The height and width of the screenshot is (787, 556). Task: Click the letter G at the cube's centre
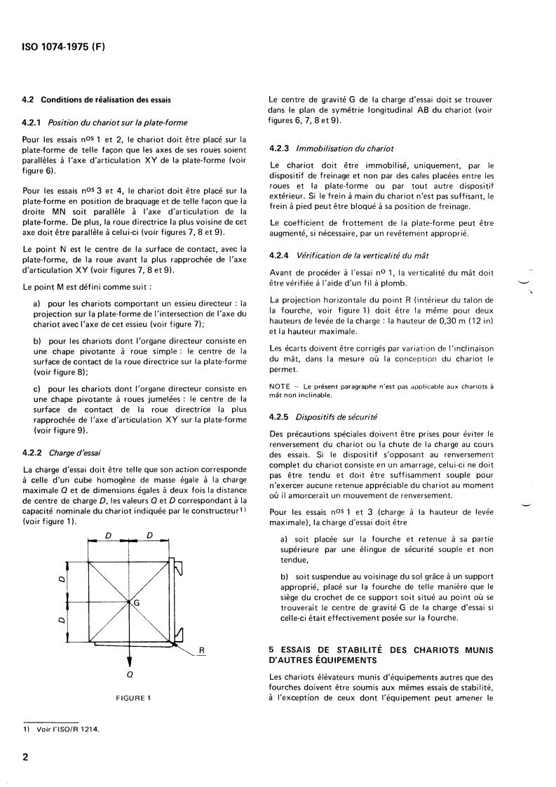click(x=136, y=603)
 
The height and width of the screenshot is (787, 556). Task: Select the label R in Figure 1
click(x=201, y=650)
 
